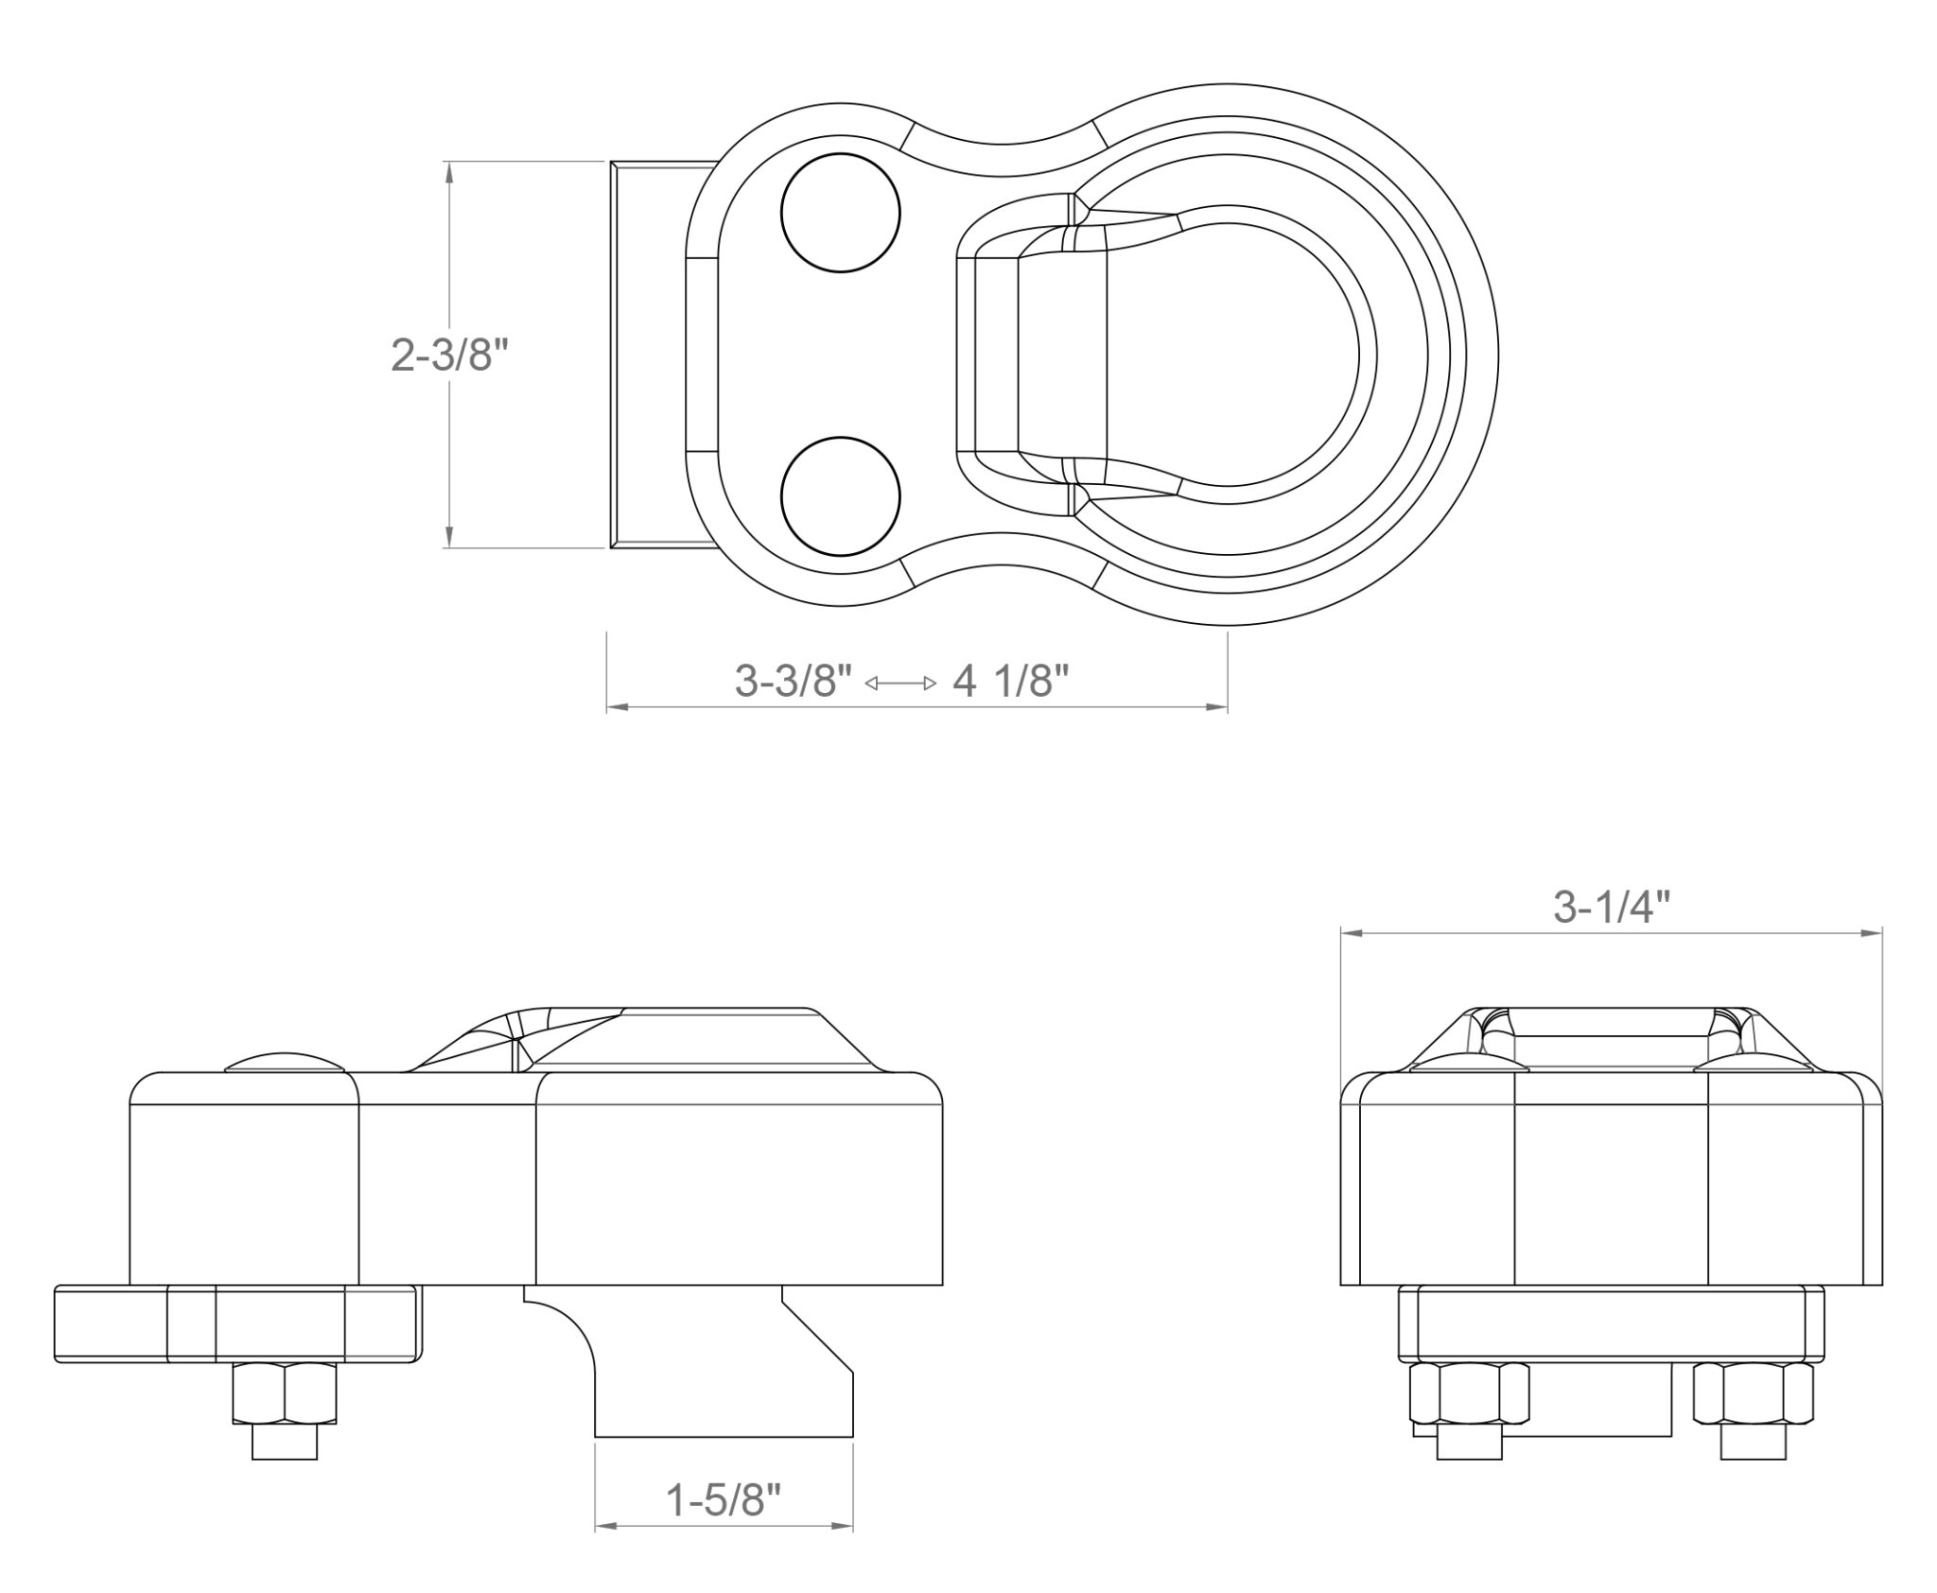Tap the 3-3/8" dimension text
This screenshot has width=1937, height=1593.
coord(794,681)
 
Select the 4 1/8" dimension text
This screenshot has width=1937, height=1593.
coord(1011,681)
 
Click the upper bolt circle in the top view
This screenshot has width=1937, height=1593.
coord(840,213)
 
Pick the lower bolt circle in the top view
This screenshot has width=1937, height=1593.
coord(840,496)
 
